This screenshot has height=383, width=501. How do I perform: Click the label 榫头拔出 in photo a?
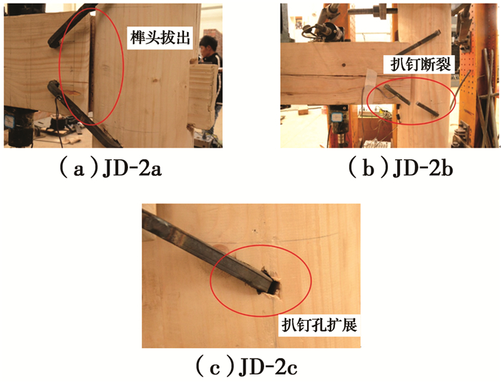[160, 38]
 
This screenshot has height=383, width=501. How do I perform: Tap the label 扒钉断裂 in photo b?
[421, 65]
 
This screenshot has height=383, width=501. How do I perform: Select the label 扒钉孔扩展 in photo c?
[319, 325]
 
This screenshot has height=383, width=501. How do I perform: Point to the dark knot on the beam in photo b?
[344, 65]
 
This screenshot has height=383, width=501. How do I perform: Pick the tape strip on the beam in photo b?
[371, 84]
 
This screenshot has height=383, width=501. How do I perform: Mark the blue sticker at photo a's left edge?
[9, 121]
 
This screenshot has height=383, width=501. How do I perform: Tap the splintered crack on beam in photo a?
[77, 93]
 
